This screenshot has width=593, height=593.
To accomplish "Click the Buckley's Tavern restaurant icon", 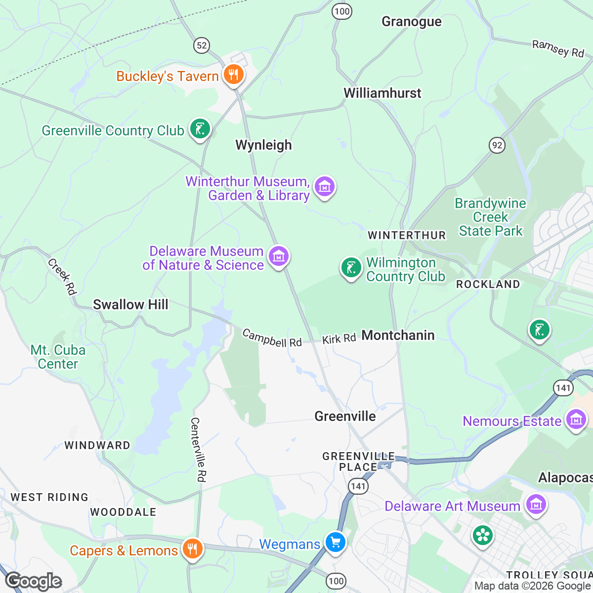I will tap(233, 75).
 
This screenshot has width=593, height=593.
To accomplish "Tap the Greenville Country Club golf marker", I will tap(200, 129).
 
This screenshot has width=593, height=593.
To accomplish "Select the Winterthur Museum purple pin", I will tap(325, 187).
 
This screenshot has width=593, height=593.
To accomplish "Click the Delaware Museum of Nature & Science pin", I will tap(279, 256).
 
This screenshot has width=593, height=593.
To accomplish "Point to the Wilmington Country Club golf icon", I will tap(351, 268).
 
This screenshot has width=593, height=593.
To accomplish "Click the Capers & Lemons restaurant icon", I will tap(192, 549).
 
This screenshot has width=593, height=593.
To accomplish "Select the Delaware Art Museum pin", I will tap(535, 505).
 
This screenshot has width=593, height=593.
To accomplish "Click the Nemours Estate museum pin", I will tap(576, 420).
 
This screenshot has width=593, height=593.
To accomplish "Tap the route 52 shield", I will tap(201, 46).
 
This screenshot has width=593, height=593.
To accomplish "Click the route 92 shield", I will tap(497, 145).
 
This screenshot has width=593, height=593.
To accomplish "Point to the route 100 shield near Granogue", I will tap(341, 11).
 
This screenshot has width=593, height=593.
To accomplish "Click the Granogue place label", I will tap(412, 22).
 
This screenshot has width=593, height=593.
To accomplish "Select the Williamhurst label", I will tap(382, 93).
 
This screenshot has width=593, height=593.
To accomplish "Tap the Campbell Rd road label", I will tap(272, 339).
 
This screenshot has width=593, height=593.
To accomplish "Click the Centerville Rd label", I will tap(198, 450).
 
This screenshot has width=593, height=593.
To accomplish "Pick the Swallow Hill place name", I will tap(130, 304).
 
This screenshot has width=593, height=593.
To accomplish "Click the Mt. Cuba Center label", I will tap(58, 357).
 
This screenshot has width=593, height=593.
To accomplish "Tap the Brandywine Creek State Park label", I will tap(491, 217).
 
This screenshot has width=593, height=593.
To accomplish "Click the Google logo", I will tap(34, 581).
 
